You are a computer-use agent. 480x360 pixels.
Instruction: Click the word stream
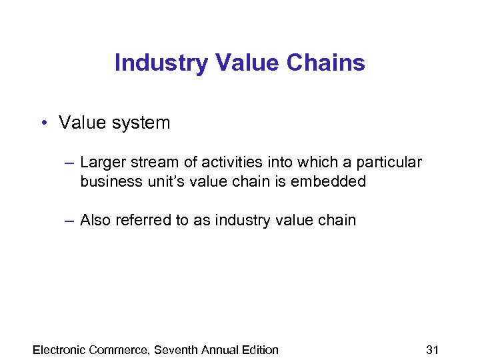coord(151,162)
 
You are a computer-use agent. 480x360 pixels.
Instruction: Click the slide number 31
coord(432,349)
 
